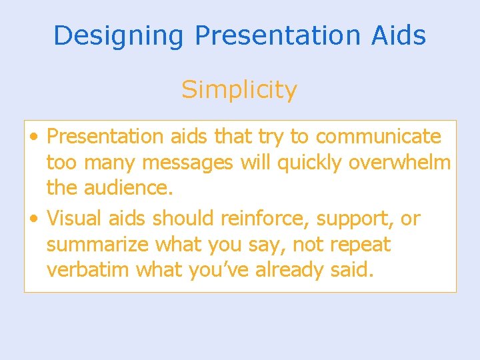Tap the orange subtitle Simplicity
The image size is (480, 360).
click(239, 89)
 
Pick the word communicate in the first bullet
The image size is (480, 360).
click(378, 137)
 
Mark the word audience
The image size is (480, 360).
click(128, 189)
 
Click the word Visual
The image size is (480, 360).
click(75, 218)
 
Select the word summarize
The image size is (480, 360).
click(98, 245)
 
